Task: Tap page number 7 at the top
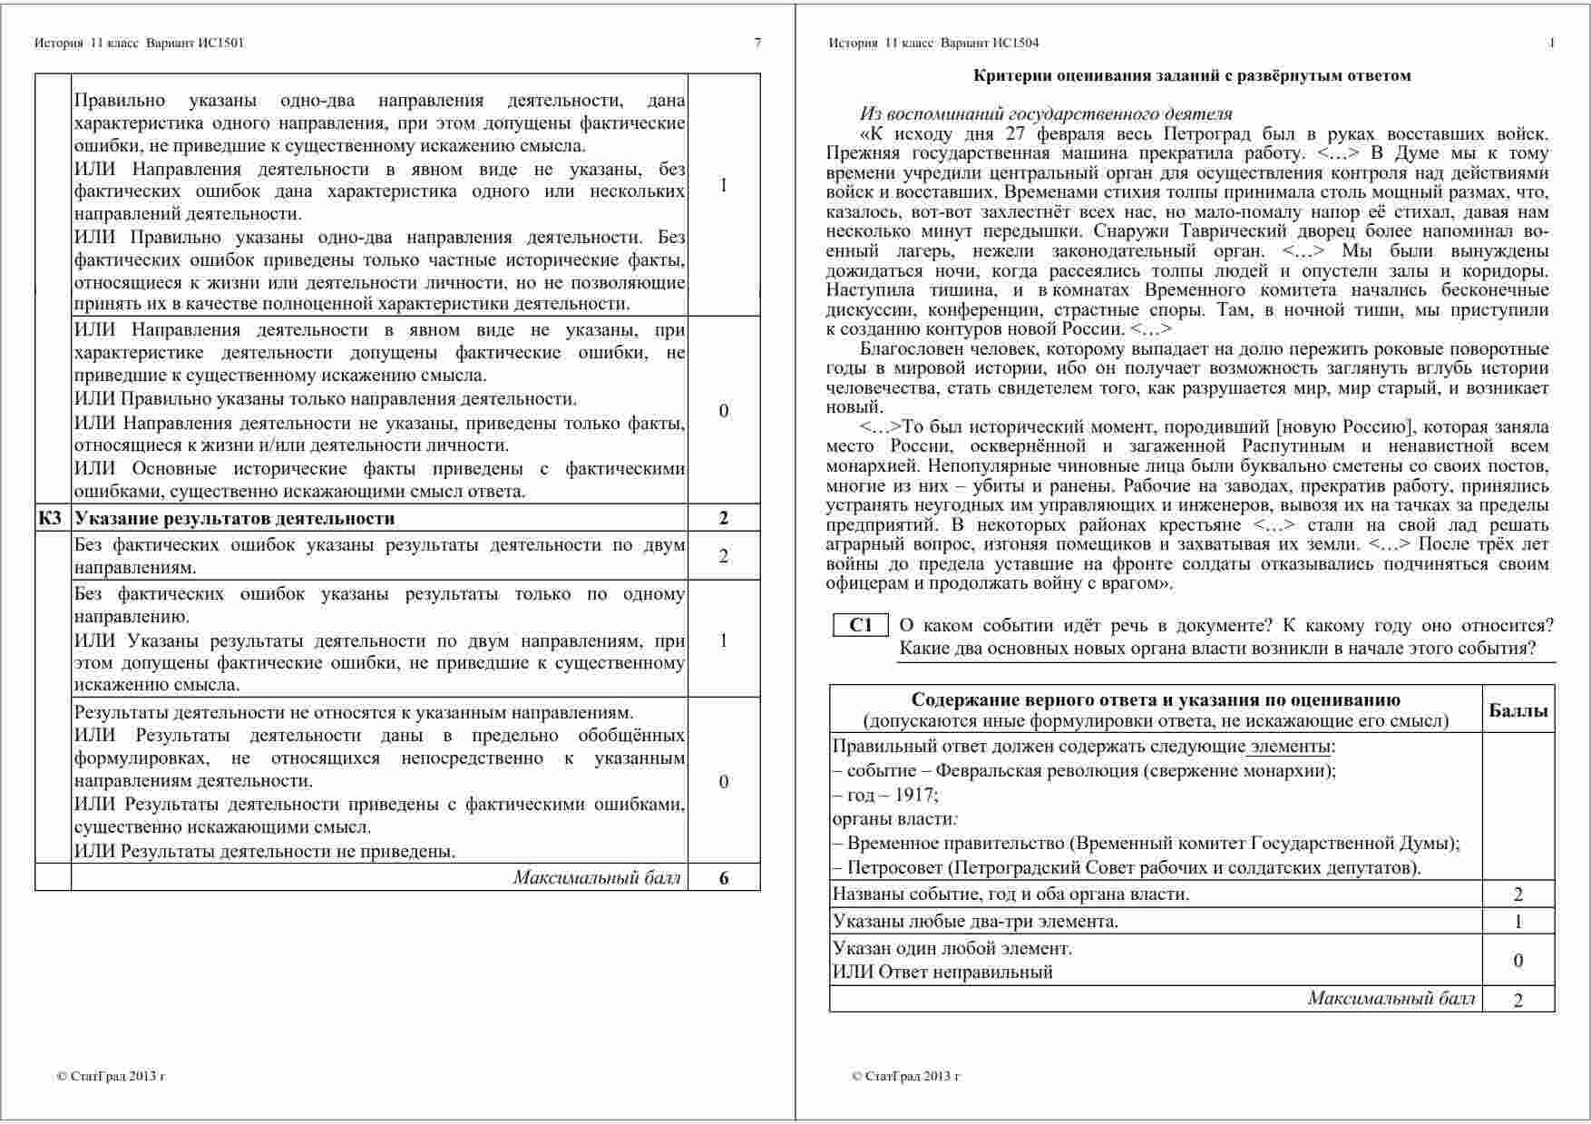pyautogui.click(x=757, y=43)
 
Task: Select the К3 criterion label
pyautogui.click(x=51, y=518)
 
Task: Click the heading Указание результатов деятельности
pyautogui.click(x=235, y=518)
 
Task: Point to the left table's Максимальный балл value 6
pyautogui.click(x=723, y=877)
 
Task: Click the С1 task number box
pyautogui.click(x=860, y=625)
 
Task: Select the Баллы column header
pyautogui.click(x=1518, y=711)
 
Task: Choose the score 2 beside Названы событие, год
pyautogui.click(x=1518, y=894)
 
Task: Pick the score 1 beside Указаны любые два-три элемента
pyautogui.click(x=1518, y=922)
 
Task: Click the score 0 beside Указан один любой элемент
pyautogui.click(x=1518, y=961)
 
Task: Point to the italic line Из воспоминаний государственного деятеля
pyautogui.click(x=1045, y=114)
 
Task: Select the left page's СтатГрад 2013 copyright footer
pyautogui.click(x=111, y=1077)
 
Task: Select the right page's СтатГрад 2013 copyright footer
pyautogui.click(x=905, y=1077)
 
